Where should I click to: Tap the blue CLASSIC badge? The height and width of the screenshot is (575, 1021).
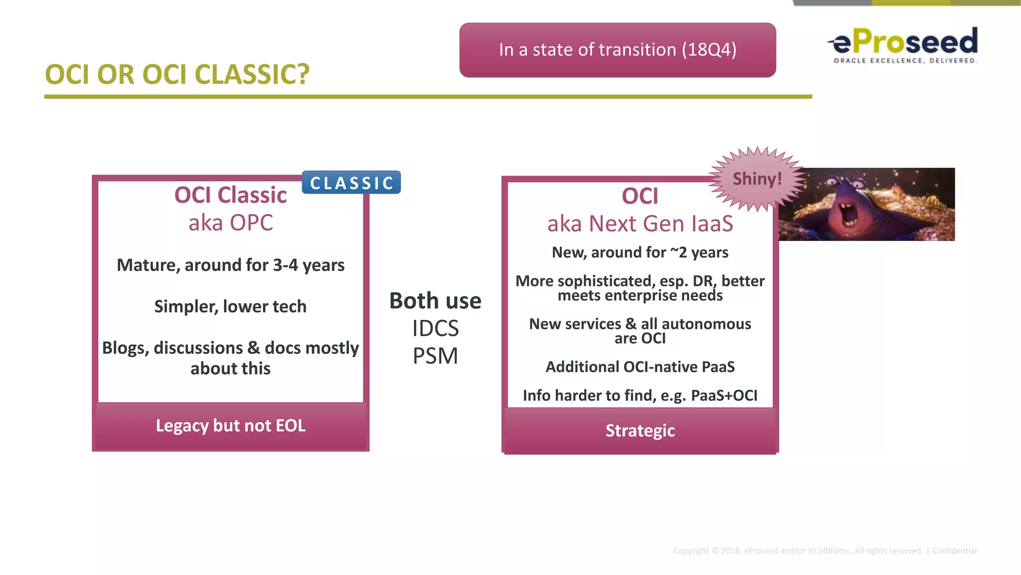(x=351, y=183)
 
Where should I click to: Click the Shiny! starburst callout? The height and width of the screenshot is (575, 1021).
(x=757, y=179)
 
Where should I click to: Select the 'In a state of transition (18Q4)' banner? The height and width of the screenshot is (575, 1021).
(x=617, y=50)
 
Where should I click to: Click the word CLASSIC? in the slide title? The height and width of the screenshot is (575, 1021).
(x=252, y=74)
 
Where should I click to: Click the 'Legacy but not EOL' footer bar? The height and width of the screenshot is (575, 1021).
(x=230, y=426)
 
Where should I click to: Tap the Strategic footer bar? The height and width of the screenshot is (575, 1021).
(x=640, y=431)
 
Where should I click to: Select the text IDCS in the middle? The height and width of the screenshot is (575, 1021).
(x=435, y=328)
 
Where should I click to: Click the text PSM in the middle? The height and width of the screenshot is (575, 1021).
(x=435, y=356)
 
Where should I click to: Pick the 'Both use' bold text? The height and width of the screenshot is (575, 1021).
(x=435, y=301)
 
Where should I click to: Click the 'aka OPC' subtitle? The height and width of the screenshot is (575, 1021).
(x=230, y=223)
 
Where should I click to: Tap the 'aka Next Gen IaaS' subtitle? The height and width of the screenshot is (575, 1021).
(x=640, y=224)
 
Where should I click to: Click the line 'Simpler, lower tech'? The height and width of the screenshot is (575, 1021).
(x=230, y=306)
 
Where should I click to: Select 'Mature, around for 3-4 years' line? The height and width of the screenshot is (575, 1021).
(x=230, y=265)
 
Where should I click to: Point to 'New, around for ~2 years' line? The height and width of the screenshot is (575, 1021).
(x=640, y=253)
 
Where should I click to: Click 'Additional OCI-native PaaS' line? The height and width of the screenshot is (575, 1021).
(x=640, y=367)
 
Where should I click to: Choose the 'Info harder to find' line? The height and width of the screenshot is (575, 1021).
(x=640, y=395)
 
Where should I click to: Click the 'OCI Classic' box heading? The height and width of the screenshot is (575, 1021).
(x=230, y=195)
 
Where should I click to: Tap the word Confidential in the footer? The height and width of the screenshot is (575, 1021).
(x=954, y=551)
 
